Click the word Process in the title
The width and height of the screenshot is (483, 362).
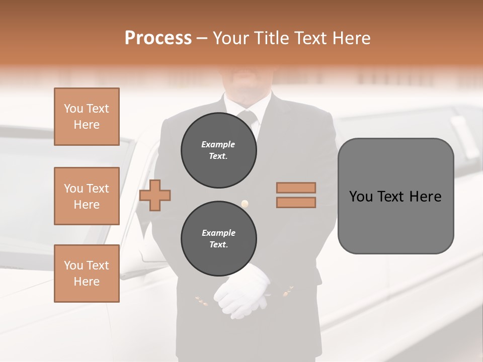coord(158,38)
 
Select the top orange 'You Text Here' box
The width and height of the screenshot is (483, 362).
coord(87,117)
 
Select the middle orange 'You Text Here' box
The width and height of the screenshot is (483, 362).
coord(87,196)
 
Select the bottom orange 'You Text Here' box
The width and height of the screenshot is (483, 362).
coord(87,274)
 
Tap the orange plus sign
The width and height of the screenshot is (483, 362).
coord(155,195)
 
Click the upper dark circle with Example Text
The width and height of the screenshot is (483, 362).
coord(218,150)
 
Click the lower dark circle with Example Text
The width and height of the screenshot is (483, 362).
coord(218,239)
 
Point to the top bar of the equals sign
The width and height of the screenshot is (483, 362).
coord(296,188)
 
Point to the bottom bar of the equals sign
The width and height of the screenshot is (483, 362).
coord(296,202)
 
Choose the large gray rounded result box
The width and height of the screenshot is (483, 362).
coord(395,196)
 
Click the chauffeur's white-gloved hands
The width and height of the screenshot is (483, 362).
coord(243,292)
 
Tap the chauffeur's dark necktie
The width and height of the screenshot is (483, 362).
coord(248,119)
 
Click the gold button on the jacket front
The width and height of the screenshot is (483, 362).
coord(245,204)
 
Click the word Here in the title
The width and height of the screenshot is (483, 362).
coord(351,38)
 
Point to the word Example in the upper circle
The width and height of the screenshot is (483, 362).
coord(218,144)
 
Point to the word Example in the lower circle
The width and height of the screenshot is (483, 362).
coord(218,233)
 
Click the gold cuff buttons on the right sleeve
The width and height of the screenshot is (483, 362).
coord(289,290)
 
